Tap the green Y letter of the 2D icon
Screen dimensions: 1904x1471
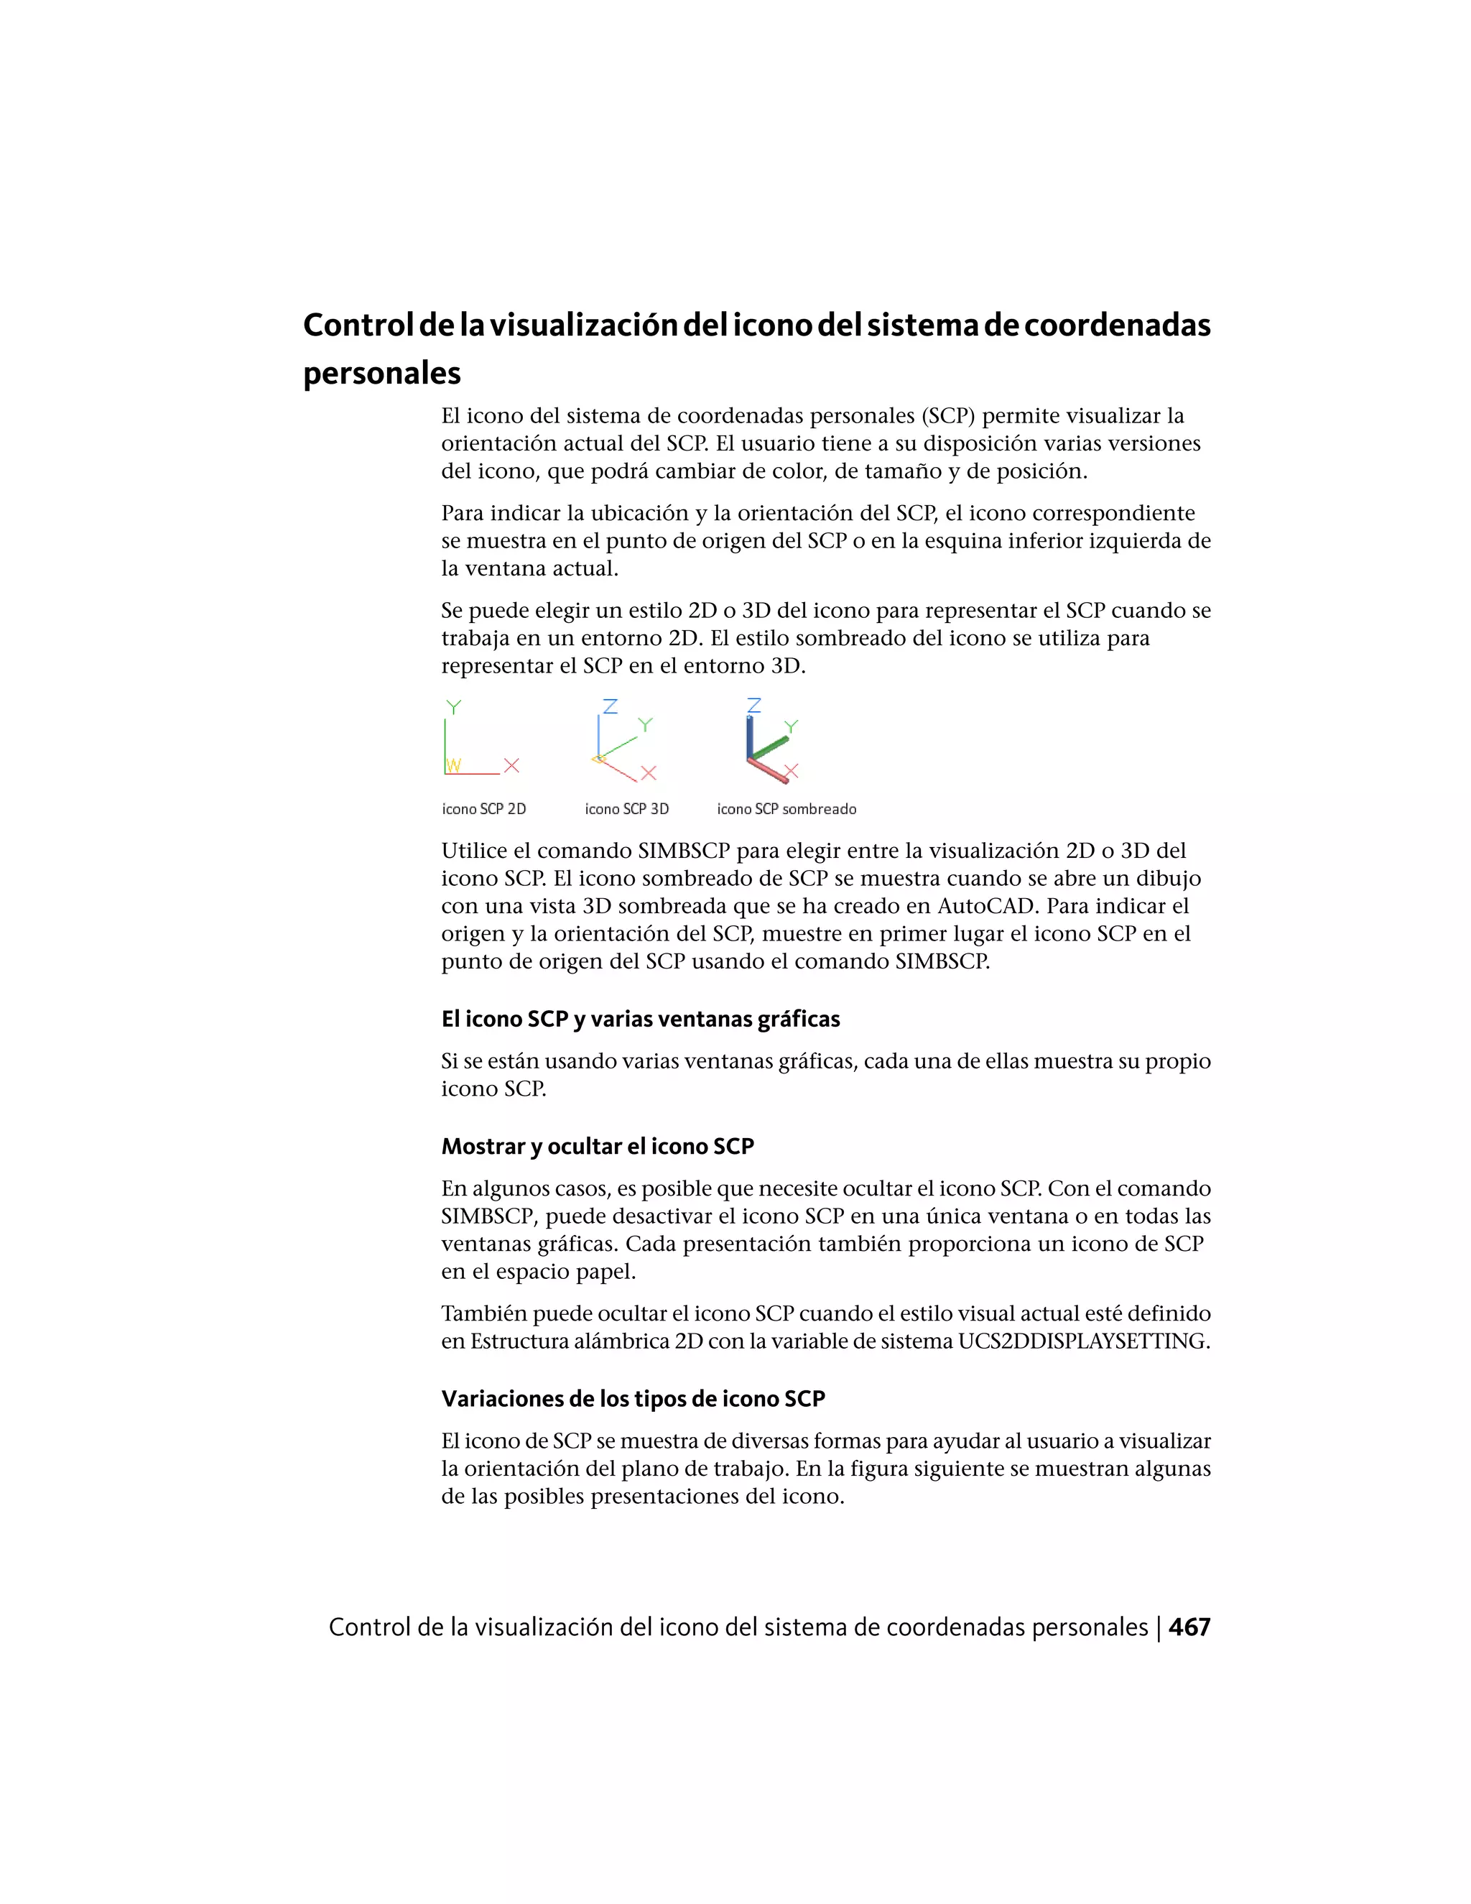pos(453,707)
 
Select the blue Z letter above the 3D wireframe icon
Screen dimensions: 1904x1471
pos(610,706)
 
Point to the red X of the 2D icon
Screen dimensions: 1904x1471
pos(511,765)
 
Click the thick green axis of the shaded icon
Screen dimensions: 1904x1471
pos(769,747)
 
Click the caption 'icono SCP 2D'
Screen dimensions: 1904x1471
pos(483,809)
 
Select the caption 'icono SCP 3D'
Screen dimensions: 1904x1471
pos(626,809)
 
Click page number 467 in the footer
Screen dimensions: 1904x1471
pos(1189,1627)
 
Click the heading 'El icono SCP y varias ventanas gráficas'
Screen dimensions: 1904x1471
pos(641,1019)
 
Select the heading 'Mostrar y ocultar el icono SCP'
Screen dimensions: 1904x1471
pos(597,1147)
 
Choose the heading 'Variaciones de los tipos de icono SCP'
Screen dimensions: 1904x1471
pos(633,1399)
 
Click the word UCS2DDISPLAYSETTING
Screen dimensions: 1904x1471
pos(1083,1341)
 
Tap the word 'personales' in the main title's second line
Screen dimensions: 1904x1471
pos(381,373)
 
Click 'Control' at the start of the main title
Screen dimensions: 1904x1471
pos(357,325)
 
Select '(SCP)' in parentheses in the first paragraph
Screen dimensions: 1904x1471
pos(948,416)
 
